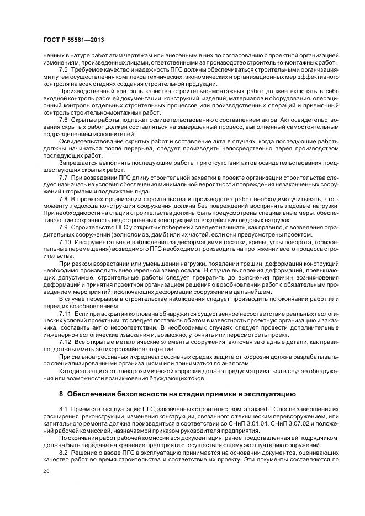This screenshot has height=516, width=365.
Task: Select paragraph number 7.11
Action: pyautogui.click(x=65, y=313)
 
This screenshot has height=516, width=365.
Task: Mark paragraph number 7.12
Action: pyautogui.click(x=65, y=342)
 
